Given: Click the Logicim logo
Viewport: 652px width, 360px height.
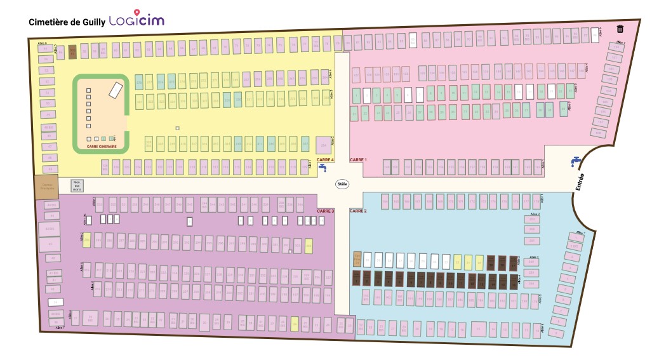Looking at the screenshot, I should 136,20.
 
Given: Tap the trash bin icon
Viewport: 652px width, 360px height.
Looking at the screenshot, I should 620,29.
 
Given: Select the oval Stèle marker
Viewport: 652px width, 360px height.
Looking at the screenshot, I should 343,183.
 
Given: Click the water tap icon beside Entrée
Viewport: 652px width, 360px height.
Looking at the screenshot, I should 576,161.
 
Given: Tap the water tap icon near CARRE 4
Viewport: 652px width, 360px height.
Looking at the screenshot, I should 323,168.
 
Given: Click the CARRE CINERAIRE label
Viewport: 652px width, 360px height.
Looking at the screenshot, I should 102,146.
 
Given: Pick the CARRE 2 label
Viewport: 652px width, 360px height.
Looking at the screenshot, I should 358,210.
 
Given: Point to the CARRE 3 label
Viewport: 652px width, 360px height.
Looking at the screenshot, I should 325,211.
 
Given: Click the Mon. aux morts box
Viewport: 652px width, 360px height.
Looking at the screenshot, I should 77,185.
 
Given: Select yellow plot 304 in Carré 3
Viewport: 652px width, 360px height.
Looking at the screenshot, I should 309,245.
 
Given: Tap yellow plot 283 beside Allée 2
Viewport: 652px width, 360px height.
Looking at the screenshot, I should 87,239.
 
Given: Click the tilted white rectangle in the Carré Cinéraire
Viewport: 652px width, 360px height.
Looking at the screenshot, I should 116,90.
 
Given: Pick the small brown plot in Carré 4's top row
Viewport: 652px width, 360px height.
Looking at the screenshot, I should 72,51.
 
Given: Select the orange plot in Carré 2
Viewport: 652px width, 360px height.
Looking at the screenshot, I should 357,259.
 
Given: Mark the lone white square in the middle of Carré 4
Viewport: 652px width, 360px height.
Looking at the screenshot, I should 178,128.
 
